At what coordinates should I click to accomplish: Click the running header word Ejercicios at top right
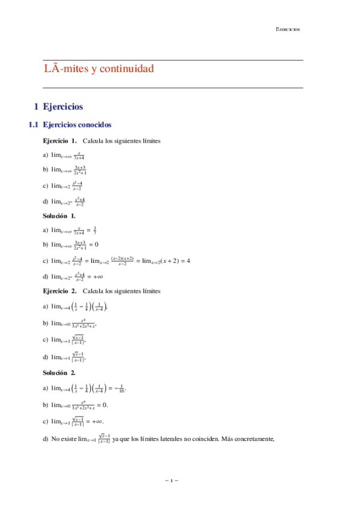pyautogui.click(x=288, y=29)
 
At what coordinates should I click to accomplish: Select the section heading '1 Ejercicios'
pyautogui.click(x=58, y=106)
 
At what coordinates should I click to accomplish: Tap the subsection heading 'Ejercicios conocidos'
pyautogui.click(x=77, y=126)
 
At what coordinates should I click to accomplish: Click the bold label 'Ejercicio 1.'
pyautogui.click(x=59, y=141)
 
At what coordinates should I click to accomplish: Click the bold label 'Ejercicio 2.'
pyautogui.click(x=59, y=291)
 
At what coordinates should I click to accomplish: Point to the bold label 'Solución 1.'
pyautogui.click(x=59, y=215)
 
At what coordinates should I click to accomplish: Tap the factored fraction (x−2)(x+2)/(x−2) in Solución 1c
pyautogui.click(x=122, y=260)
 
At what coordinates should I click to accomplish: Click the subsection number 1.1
pyautogui.click(x=34, y=126)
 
